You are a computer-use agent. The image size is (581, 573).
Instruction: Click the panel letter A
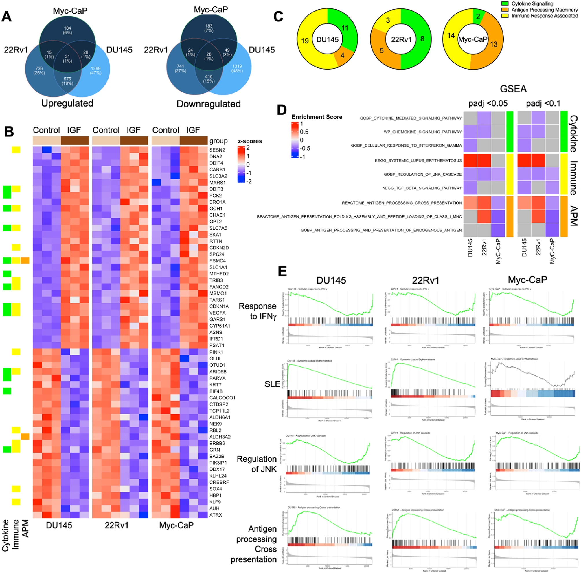(x=7, y=16)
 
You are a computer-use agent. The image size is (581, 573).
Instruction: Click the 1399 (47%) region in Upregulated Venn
(x=95, y=70)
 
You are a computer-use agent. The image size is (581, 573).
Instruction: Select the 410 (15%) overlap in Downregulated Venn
(x=209, y=79)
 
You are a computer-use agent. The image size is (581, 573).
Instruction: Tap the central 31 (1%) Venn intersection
(x=67, y=59)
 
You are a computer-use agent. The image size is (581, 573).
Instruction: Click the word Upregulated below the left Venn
(x=67, y=103)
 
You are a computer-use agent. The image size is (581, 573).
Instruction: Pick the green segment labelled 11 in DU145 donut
(x=345, y=28)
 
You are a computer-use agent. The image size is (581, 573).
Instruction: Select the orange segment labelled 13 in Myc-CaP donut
(x=494, y=44)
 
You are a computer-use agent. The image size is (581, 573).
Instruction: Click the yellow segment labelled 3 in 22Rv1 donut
(x=388, y=20)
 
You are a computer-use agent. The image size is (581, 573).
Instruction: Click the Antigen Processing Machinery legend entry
(x=544, y=10)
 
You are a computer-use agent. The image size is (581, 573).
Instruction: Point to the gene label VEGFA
(x=217, y=313)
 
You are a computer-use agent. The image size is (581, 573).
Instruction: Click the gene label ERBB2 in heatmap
(x=217, y=443)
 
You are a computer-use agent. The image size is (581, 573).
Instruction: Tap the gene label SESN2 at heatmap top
(x=217, y=150)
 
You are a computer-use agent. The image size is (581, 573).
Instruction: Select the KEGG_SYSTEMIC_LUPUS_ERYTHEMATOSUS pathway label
(x=418, y=161)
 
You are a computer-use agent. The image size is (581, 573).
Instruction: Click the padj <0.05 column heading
(x=488, y=103)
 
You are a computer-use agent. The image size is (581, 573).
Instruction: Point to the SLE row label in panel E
(x=272, y=384)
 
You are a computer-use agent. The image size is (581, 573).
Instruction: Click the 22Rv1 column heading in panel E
(x=425, y=280)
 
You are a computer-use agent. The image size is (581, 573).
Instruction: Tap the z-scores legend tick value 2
(x=248, y=148)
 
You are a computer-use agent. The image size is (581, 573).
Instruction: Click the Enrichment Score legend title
(x=317, y=117)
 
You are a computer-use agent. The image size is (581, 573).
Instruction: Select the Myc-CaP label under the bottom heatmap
(x=176, y=525)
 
